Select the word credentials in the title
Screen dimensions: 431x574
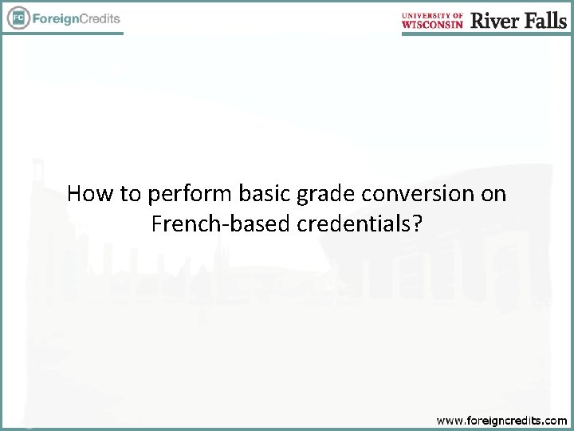tap(354, 224)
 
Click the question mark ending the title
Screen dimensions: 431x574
tap(418, 224)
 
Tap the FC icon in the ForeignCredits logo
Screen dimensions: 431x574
tap(17, 18)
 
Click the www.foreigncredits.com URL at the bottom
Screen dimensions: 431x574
tap(501, 420)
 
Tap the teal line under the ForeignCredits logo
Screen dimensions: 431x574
tap(64, 34)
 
